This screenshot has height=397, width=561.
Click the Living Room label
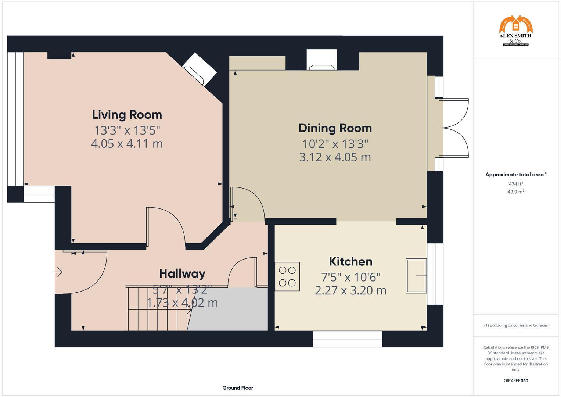pyautogui.click(x=127, y=115)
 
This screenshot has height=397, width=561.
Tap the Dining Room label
pyautogui.click(x=335, y=128)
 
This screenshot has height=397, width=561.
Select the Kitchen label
pyautogui.click(x=350, y=261)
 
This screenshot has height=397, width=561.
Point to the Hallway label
pyautogui.click(x=182, y=273)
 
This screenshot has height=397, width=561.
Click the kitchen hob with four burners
pyautogui.click(x=287, y=276)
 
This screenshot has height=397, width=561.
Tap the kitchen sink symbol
pyautogui.click(x=416, y=276)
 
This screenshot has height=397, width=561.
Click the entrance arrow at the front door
pyautogui.click(x=57, y=272)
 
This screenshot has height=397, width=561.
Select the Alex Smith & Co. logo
pyautogui.click(x=515, y=31)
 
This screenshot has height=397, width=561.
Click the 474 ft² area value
pyautogui.click(x=515, y=184)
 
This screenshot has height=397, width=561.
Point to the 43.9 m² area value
pyautogui.click(x=515, y=192)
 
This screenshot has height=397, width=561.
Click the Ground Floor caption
pyautogui.click(x=237, y=388)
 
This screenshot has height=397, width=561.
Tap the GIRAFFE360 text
pyautogui.click(x=515, y=381)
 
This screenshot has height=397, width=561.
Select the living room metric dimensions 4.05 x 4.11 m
pyautogui.click(x=127, y=144)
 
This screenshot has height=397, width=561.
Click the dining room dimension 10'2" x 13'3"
pyautogui.click(x=335, y=143)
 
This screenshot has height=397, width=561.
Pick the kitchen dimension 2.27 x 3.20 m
pyautogui.click(x=350, y=290)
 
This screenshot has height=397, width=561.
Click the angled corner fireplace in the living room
pyautogui.click(x=199, y=69)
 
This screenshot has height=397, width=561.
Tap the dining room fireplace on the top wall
pyautogui.click(x=322, y=60)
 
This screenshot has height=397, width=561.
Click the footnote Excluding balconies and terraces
pyautogui.click(x=515, y=325)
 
